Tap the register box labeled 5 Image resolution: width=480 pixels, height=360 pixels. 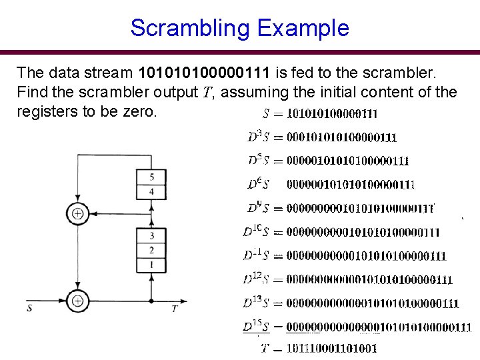tap(152, 177)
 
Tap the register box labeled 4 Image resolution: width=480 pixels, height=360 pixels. tap(152, 192)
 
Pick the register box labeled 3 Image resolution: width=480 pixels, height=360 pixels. tap(152, 235)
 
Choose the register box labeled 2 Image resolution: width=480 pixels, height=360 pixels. tap(152, 250)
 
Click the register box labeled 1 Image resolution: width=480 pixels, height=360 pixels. tap(152, 265)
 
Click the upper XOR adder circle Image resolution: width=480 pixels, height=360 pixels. tap(77, 213)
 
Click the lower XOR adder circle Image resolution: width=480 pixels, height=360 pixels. tap(77, 301)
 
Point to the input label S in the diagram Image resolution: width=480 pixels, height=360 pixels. tap(29, 308)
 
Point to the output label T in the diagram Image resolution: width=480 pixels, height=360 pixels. tap(174, 308)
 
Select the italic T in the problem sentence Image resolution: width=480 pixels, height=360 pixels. tap(207, 92)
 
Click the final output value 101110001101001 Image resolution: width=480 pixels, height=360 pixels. tap(331, 347)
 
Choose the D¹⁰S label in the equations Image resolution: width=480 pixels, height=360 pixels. tap(255, 231)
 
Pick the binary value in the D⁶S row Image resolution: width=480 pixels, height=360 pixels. tap(351, 184)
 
